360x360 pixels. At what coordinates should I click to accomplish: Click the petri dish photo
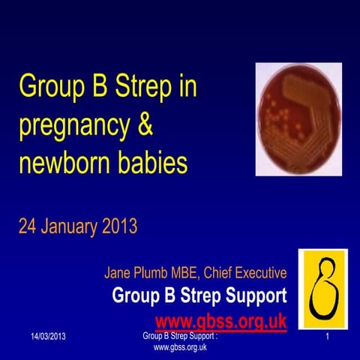pos(298,119)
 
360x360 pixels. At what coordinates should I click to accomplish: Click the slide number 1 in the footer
pos(328,340)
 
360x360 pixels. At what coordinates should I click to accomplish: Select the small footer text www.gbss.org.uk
pos(180,348)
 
